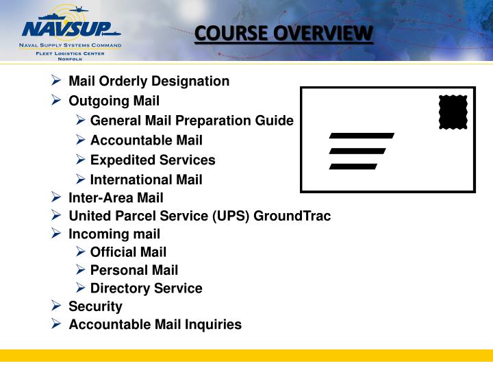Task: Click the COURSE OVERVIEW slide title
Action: pos(284,34)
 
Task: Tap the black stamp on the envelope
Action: pos(453,112)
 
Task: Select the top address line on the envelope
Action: pos(362,136)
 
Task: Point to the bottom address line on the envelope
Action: pos(353,166)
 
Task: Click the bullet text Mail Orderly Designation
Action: pos(149,82)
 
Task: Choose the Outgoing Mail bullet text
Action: pos(114,101)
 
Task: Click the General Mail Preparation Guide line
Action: pos(192,121)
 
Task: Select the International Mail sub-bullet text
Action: pos(146,180)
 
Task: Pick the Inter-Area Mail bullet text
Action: pos(116,199)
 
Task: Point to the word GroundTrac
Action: pos(292,217)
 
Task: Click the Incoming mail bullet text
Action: pos(114,234)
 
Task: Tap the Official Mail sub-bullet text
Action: pos(128,252)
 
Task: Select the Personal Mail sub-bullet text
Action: pos(134,271)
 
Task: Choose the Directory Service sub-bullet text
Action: pos(146,288)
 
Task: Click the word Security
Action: pos(95,306)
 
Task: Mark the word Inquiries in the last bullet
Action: pos(214,325)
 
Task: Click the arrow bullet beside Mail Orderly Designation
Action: pos(57,81)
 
